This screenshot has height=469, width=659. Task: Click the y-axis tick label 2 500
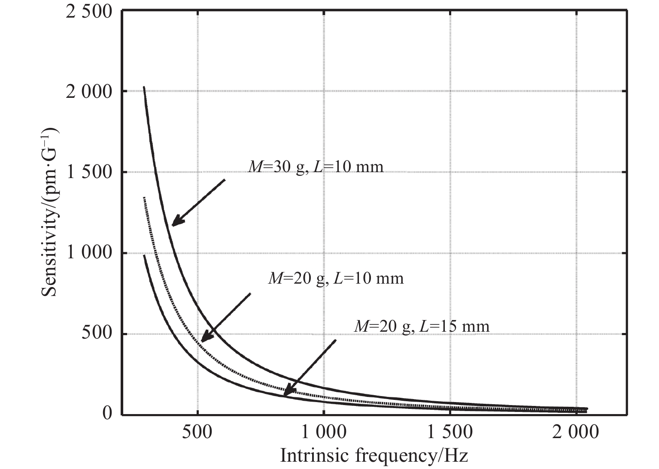[x=89, y=11]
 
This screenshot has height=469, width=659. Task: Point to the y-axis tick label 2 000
[x=89, y=92]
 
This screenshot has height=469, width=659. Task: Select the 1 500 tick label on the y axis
[x=89, y=172]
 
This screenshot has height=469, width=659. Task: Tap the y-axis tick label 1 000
[x=89, y=253]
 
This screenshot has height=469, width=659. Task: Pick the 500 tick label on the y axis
[x=97, y=334]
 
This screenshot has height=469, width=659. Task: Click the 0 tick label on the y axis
[x=107, y=414]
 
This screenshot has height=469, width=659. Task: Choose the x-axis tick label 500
[x=197, y=432]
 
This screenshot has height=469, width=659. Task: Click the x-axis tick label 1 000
[x=323, y=432]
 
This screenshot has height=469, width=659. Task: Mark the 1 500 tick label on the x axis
[x=449, y=432]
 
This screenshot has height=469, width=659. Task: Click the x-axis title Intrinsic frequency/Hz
[x=374, y=455]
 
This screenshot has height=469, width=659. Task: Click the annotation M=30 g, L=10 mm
[x=316, y=166]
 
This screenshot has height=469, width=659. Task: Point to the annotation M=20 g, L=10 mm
[x=336, y=278]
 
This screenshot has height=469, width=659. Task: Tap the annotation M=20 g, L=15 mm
[x=422, y=327]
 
